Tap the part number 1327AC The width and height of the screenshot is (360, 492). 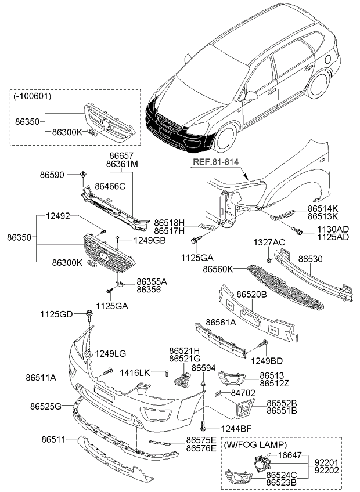point(269,241)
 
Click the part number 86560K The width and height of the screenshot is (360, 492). point(218,269)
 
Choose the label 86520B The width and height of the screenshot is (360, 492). point(251,295)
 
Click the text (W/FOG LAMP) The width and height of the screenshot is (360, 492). point(255,445)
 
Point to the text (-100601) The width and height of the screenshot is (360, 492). point(33,96)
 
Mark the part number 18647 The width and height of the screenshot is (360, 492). point(290,455)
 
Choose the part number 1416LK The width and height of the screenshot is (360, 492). point(135,372)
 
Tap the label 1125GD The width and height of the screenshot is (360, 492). point(56,314)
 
